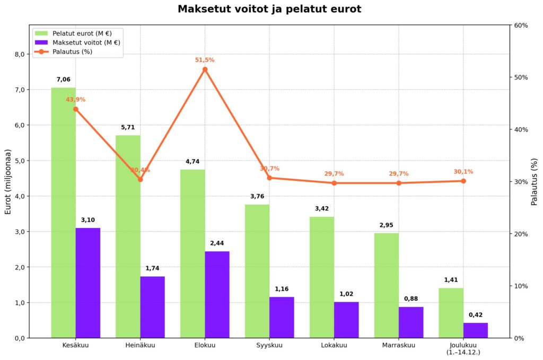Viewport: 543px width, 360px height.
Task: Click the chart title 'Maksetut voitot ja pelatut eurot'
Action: coord(269,9)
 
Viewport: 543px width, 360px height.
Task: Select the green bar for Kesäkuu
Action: coord(63,212)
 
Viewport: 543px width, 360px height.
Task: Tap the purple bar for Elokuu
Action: coord(217,294)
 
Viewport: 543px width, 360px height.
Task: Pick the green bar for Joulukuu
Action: coord(451,313)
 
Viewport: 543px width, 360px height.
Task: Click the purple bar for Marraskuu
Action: coord(411,322)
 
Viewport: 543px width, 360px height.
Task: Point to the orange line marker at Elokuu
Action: coord(205,69)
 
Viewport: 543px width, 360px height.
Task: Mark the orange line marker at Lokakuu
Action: coord(334,183)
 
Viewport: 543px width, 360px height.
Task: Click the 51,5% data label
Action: coord(205,60)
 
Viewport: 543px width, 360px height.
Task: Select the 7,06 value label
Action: coord(63,80)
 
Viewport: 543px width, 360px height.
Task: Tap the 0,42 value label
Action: coord(476,315)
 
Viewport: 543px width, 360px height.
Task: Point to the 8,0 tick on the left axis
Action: coord(19,54)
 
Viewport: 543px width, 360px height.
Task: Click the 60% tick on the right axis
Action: coord(522,25)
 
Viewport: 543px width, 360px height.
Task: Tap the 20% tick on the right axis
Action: coord(522,234)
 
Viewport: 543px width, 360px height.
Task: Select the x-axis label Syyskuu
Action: coord(269,346)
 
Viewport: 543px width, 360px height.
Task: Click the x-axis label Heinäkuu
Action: coord(141,346)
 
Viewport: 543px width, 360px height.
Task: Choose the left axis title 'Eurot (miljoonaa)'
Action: coord(8,181)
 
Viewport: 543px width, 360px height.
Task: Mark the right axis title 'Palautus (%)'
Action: coord(535,181)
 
